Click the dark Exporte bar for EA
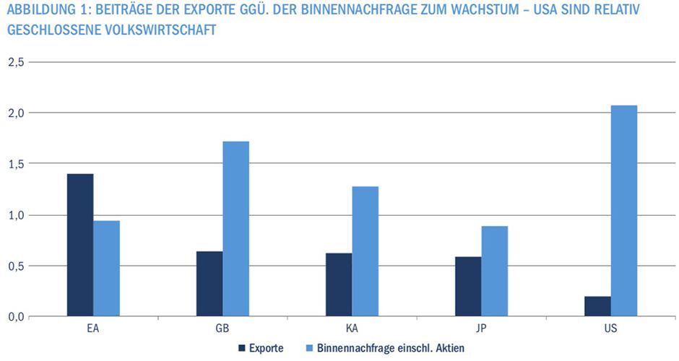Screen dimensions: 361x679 80,245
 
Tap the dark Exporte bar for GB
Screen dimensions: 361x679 209,284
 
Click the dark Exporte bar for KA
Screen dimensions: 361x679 339,284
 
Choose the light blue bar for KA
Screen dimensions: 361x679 365,251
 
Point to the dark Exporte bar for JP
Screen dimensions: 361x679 468,286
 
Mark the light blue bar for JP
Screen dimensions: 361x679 494,271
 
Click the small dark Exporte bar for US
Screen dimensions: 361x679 597,306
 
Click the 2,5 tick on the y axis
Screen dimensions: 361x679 16,62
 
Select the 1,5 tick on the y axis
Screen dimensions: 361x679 16,164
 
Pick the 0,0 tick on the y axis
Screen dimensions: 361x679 16,316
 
